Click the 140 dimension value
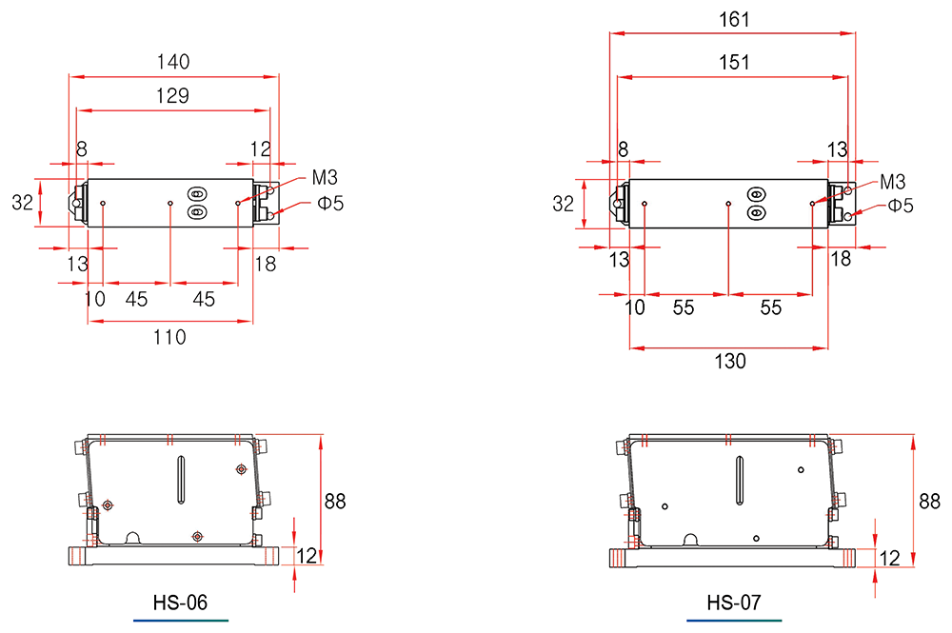pos(173,62)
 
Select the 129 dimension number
pos(173,96)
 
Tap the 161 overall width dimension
pos(735,19)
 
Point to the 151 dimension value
pos(735,62)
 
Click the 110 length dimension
pos(169,337)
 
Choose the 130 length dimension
pos(730,362)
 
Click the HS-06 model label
pos(180,603)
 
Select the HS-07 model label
pos(733,603)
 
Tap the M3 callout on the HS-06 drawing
pos(325,178)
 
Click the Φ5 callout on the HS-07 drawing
pos(901,206)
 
